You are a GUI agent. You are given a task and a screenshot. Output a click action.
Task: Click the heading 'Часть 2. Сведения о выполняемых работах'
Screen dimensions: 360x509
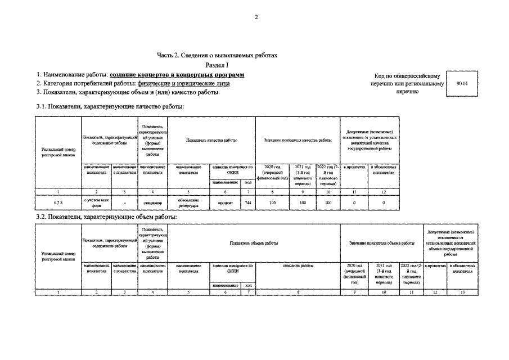pyautogui.click(x=217, y=55)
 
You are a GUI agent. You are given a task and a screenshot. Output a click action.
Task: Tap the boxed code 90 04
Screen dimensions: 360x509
pyautogui.click(x=462, y=84)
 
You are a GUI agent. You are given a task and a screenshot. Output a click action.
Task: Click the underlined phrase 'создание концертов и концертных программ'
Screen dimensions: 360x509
pyautogui.click(x=177, y=75)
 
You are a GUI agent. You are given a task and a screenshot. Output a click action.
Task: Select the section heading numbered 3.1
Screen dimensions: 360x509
pyautogui.click(x=110, y=106)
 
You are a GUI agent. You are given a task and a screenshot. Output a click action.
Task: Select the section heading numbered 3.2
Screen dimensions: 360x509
pyautogui.click(x=106, y=217)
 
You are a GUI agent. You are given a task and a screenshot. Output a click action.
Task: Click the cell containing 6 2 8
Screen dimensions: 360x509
pyautogui.click(x=58, y=202)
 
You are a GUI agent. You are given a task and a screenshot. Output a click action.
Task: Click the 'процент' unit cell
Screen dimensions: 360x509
pyautogui.click(x=225, y=202)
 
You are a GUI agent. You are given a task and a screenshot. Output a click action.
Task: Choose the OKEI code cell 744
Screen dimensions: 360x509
pyautogui.click(x=248, y=202)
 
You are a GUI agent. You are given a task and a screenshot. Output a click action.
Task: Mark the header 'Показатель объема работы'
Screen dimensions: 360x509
pyautogui.click(x=254, y=243)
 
